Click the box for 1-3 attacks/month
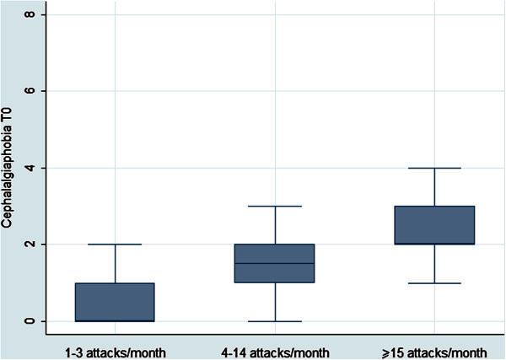pyautogui.click(x=115, y=302)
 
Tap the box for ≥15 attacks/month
pyautogui.click(x=434, y=225)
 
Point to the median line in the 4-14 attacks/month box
pyautogui.click(x=275, y=263)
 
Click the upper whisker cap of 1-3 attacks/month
pyautogui.click(x=115, y=244)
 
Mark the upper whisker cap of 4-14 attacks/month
pyautogui.click(x=275, y=206)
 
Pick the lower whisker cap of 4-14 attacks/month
pyautogui.click(x=275, y=321)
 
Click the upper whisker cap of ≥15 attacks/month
pyautogui.click(x=434, y=168)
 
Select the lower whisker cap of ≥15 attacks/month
pyautogui.click(x=434, y=283)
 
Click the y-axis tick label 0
pyautogui.click(x=30, y=321)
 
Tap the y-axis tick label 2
pyautogui.click(x=30, y=244)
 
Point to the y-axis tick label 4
pyautogui.click(x=30, y=168)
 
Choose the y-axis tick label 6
pyautogui.click(x=30, y=91)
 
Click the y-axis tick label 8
pyautogui.click(x=30, y=14)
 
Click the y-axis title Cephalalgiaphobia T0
pyautogui.click(x=11, y=168)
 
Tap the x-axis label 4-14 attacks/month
pyautogui.click(x=275, y=347)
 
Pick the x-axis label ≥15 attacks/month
pyautogui.click(x=433, y=347)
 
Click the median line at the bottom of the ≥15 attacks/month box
pyautogui.click(x=434, y=244)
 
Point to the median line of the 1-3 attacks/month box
pyautogui.click(x=115, y=320)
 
